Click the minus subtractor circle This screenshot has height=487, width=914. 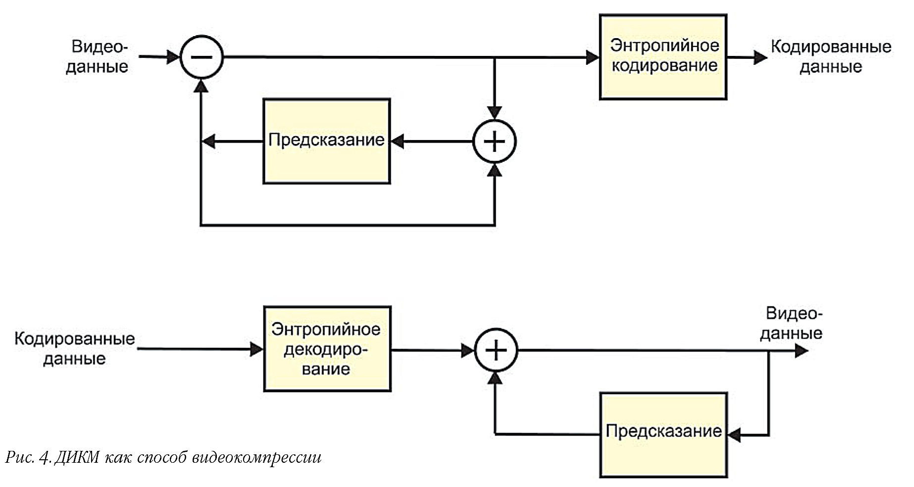click(201, 57)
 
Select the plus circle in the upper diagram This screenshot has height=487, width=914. click(495, 142)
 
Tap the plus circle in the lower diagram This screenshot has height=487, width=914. click(496, 350)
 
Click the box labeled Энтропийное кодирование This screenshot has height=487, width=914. click(663, 57)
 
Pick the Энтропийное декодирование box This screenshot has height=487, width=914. click(327, 349)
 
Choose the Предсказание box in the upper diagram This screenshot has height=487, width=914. click(326, 142)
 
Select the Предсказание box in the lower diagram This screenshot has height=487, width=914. click(663, 435)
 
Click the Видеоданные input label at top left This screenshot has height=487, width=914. click(98, 56)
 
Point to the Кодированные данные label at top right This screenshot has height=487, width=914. click(831, 56)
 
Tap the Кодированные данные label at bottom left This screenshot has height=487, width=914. click(74, 348)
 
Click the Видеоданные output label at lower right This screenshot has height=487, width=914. click(791, 323)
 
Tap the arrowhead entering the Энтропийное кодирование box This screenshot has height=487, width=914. click(593, 57)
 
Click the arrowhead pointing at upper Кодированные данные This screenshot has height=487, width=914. click(761, 57)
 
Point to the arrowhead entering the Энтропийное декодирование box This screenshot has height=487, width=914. click(257, 349)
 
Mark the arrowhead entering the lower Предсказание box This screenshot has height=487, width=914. click(734, 435)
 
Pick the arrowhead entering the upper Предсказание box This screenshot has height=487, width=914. click(398, 142)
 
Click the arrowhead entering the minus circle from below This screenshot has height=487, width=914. click(201, 85)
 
